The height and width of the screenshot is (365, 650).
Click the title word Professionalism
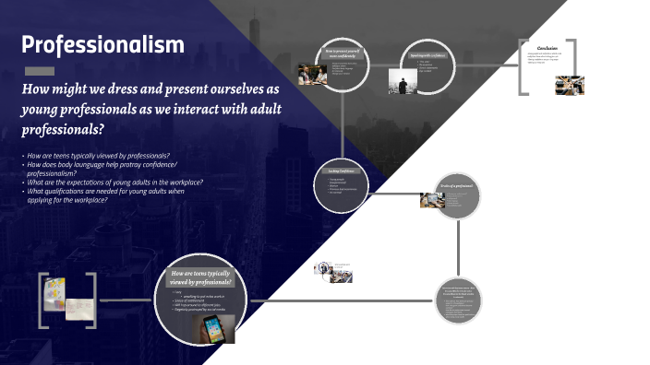(102, 45)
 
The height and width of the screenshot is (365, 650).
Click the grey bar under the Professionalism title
(39, 70)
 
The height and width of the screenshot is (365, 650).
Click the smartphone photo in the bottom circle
(220, 329)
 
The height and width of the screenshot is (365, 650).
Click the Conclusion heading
(548, 48)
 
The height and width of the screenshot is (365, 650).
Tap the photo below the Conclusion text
(569, 84)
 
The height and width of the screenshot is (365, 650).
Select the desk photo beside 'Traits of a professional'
(430, 199)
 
